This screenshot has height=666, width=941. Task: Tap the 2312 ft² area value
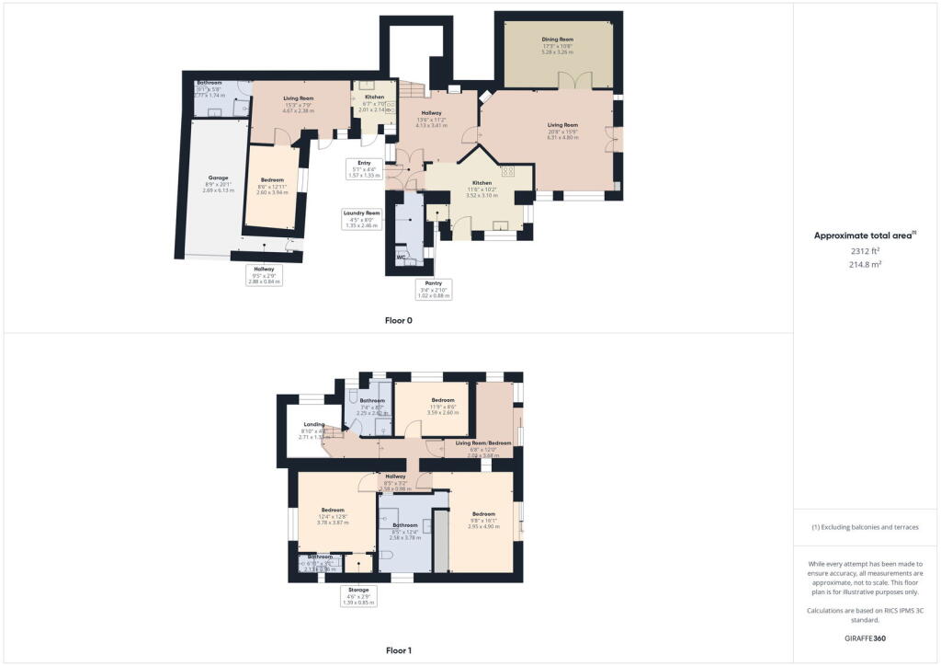click(x=867, y=250)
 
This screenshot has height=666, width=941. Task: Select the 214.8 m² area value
click(x=867, y=263)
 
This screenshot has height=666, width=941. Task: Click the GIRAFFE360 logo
click(x=867, y=637)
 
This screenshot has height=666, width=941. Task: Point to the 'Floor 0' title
click(x=398, y=320)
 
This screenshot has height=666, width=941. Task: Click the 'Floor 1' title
click(x=398, y=650)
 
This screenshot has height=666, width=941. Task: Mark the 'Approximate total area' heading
click(x=865, y=235)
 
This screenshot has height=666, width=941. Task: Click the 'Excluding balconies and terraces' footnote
click(x=867, y=526)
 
